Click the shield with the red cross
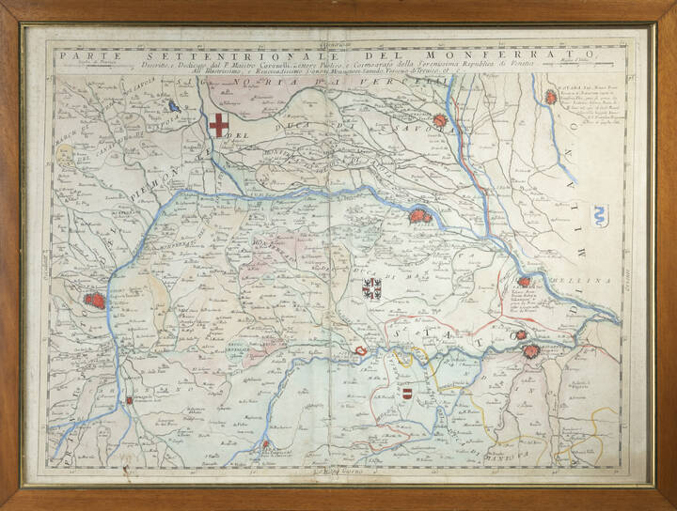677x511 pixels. point(218,126)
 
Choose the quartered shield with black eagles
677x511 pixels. point(372,287)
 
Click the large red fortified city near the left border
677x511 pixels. point(95,301)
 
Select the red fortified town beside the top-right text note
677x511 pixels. point(551,96)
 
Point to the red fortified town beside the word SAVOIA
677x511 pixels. point(443,120)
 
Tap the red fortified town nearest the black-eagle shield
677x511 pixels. point(419,218)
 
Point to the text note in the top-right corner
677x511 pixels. point(590,113)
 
